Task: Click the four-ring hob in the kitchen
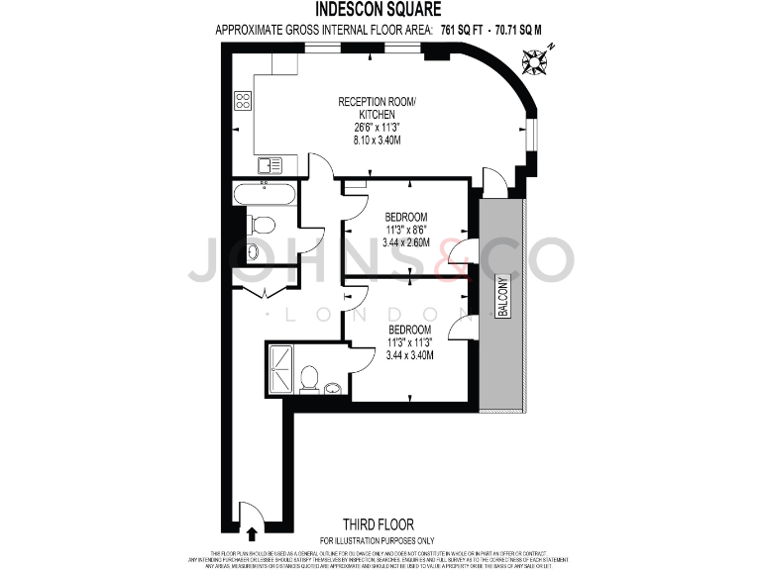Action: (243, 100)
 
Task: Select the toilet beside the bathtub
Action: (260, 224)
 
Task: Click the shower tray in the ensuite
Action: (281, 368)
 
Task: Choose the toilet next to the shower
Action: (310, 379)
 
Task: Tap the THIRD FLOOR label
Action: (378, 523)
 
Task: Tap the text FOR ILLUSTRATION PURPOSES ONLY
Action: (377, 539)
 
